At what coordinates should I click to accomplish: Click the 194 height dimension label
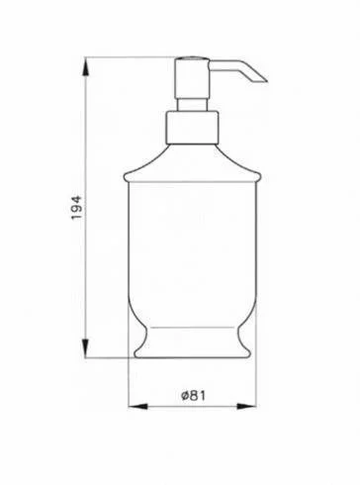(x=76, y=208)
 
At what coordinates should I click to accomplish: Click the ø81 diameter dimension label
(x=194, y=395)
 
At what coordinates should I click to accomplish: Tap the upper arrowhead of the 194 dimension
(x=85, y=67)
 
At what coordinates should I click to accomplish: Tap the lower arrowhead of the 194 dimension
(x=85, y=348)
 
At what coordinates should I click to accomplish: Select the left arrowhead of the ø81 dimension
(x=137, y=407)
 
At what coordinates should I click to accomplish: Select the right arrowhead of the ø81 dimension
(x=246, y=407)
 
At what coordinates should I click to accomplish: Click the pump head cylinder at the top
(x=192, y=78)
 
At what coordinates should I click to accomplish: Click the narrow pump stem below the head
(x=192, y=105)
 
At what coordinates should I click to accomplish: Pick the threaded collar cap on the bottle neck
(x=192, y=128)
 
